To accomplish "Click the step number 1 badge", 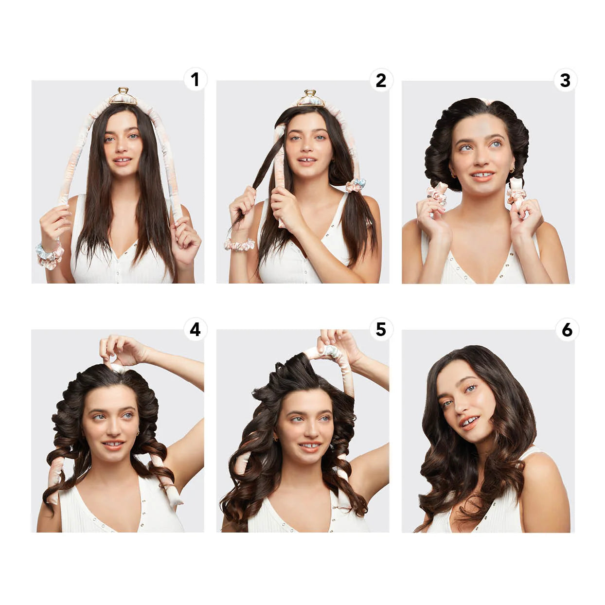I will (195, 79).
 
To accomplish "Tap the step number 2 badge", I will (381, 80).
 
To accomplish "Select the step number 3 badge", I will (565, 80).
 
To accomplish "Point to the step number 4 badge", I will (195, 329).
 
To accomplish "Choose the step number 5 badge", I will (381, 329).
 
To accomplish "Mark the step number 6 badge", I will (567, 330).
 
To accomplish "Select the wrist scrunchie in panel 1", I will (49, 254).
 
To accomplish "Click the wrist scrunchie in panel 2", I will (239, 244).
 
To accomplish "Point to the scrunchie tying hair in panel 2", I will (356, 185).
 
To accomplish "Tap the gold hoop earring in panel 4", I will (138, 432).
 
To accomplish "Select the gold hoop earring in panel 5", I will (275, 439).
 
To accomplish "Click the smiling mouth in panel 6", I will (469, 422).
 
